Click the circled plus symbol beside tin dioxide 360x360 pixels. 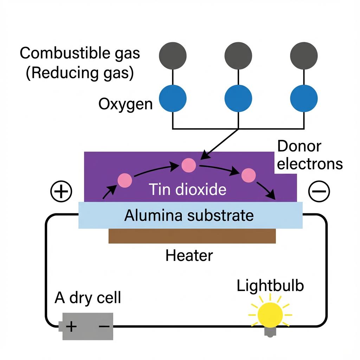coord(62,192)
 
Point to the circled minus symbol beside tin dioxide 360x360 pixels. coord(319,192)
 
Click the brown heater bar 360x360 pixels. coord(192,236)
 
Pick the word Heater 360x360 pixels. coord(189,256)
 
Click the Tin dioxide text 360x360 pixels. coord(187,189)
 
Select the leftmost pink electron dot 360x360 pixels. coord(125,180)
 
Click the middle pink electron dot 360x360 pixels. coord(188,165)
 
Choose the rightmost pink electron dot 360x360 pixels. coord(248,175)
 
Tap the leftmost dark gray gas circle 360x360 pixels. coord(173,56)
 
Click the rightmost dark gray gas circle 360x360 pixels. coord(304,56)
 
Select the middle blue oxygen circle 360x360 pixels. coord(238,98)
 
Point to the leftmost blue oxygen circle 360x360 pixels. coord(173,98)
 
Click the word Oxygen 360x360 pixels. coord(126,104)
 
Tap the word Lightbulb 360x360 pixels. coord(270,286)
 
